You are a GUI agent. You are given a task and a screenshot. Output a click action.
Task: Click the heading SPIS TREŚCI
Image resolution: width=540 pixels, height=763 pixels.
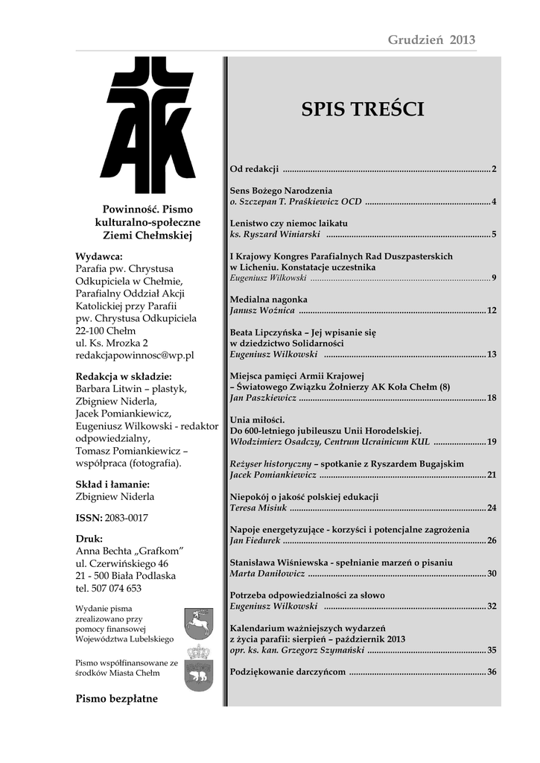click(363, 110)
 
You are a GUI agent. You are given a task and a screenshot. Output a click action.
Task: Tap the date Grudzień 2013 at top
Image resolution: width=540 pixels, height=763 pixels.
click(431, 39)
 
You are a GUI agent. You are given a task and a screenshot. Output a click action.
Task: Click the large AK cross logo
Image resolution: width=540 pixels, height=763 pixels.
click(148, 126)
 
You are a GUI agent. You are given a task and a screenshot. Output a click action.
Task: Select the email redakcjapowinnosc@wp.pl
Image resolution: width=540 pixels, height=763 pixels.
click(135, 356)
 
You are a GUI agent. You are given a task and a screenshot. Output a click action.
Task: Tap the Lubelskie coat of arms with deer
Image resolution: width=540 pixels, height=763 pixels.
click(199, 623)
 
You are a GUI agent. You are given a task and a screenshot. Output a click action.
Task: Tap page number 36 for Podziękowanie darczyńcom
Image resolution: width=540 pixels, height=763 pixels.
click(492, 672)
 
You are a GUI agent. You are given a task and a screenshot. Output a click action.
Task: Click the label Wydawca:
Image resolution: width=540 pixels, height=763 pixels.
click(99, 256)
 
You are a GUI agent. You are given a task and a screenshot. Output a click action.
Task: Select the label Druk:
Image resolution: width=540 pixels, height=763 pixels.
click(89, 538)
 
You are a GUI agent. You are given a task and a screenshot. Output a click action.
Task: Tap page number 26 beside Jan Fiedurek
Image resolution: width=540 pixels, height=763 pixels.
click(492, 540)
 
